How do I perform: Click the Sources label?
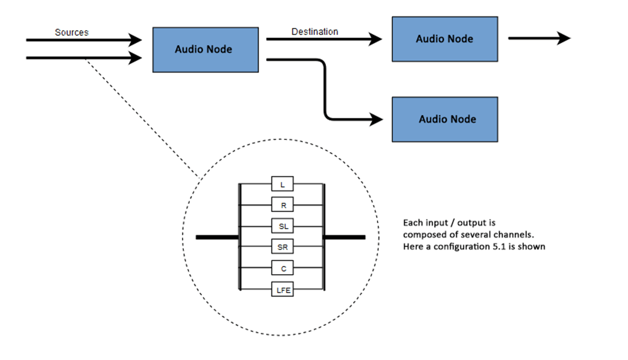(x=72, y=33)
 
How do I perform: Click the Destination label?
(x=314, y=32)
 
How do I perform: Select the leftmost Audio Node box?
(x=205, y=49)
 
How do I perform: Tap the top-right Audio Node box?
(x=444, y=39)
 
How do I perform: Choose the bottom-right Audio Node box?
(x=444, y=119)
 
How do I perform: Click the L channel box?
(x=282, y=184)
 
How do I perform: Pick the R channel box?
(x=282, y=205)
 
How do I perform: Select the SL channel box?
(x=282, y=226)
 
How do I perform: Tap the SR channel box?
(x=282, y=247)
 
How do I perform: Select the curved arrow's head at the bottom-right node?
(x=376, y=118)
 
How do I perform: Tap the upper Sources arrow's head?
(x=136, y=40)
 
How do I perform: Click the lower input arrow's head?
(x=136, y=58)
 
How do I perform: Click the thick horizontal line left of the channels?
(x=217, y=237)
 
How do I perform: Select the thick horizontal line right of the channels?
(x=345, y=237)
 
